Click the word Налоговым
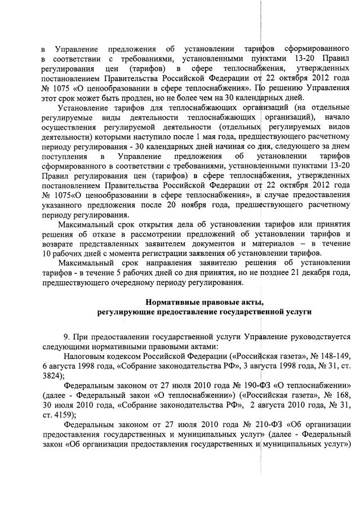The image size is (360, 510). (x=85, y=356)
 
